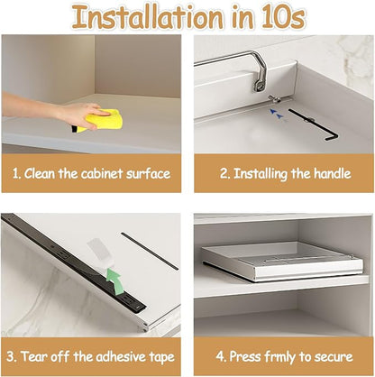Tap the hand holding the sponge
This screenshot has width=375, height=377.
(x=81, y=114)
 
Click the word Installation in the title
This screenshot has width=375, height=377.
(x=148, y=17)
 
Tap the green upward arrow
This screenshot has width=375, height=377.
(x=114, y=280)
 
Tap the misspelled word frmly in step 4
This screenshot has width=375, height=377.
(x=280, y=357)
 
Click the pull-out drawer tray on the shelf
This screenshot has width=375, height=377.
(x=282, y=261)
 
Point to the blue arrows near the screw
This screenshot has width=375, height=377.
(x=278, y=115)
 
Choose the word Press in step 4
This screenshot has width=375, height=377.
(x=245, y=357)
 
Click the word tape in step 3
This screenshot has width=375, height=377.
(x=161, y=358)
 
